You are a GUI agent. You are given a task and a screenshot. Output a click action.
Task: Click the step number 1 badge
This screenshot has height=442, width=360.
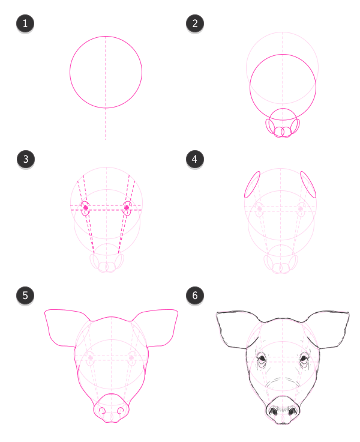[x=25, y=24]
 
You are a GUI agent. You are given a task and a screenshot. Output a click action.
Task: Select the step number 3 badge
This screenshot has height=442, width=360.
[x=25, y=159]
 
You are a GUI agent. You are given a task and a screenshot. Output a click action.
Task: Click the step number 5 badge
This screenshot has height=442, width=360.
[x=25, y=295]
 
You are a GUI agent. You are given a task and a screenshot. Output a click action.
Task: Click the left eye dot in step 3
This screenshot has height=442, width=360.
[x=86, y=208]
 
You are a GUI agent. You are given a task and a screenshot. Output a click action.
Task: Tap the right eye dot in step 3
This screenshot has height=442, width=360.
[x=127, y=208]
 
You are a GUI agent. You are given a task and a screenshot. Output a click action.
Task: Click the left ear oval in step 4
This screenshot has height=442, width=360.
[x=252, y=184]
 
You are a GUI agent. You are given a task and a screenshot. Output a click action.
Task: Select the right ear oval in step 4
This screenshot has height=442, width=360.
[x=308, y=184]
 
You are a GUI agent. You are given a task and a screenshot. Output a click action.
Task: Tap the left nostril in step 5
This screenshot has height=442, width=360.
[x=101, y=411]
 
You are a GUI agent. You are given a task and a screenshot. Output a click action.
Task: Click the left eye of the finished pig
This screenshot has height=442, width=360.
[x=262, y=360]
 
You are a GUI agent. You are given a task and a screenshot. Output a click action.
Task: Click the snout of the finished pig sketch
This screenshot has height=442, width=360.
[x=283, y=411]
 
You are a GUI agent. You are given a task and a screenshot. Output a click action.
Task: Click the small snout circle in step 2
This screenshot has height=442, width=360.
[x=282, y=120]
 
